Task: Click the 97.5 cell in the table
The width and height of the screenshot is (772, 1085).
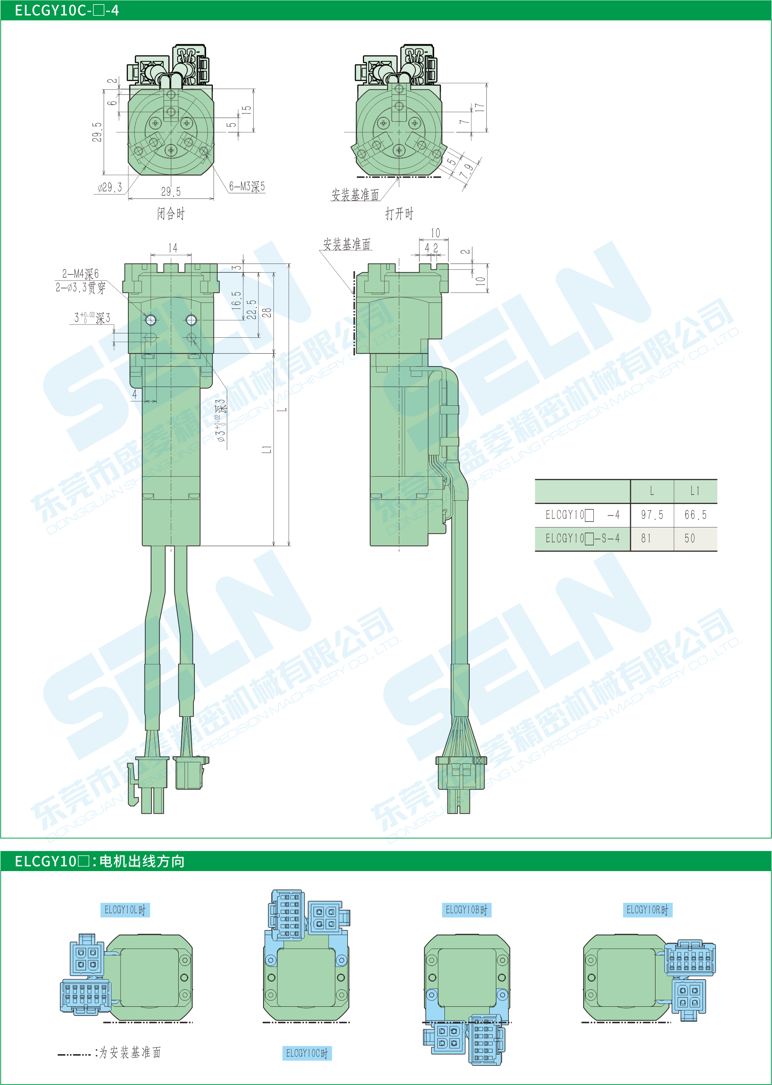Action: pos(652,515)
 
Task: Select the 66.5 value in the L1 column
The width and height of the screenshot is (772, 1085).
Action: pos(696,515)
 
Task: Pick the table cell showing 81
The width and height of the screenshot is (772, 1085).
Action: pos(646,538)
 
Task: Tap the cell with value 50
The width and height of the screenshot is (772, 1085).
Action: pos(690,538)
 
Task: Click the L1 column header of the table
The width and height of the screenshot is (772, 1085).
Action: pos(695,491)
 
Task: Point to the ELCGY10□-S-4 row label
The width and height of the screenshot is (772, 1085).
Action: pos(582,538)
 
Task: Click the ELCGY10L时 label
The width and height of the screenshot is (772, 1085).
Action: pos(125,910)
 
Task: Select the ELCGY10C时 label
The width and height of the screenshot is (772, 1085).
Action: pos(307,1053)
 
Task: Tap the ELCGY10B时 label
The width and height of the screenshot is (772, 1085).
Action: pos(467,910)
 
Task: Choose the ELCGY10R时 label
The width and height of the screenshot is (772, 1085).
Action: pos(647,910)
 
